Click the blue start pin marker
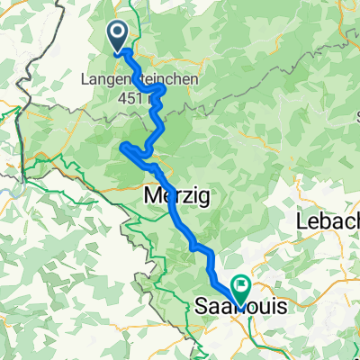click(118, 36)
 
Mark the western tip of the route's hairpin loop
click(121, 146)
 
